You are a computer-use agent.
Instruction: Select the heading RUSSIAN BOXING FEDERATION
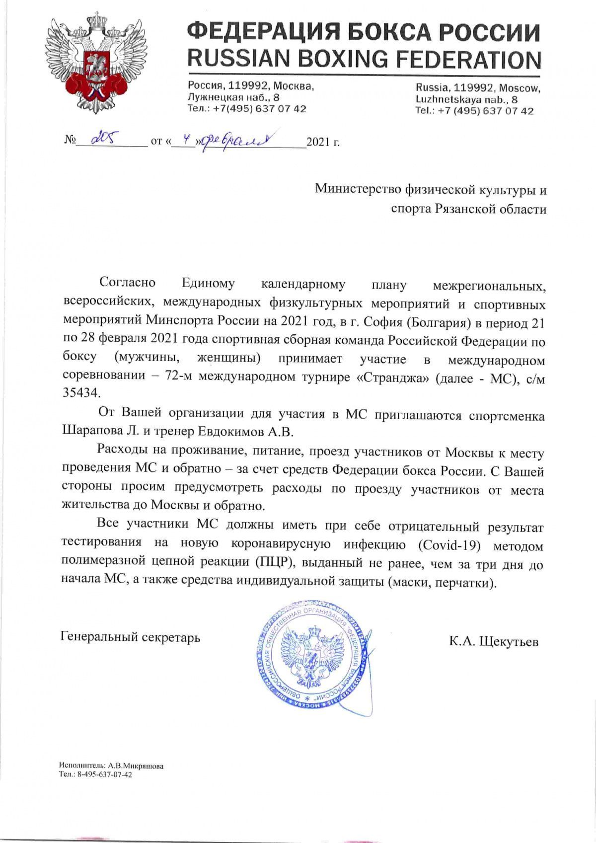tap(364, 59)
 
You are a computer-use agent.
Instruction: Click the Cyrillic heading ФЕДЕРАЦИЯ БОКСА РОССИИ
tap(364, 32)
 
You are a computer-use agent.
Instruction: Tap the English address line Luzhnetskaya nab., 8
tap(466, 99)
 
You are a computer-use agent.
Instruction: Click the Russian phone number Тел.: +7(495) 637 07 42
tap(247, 108)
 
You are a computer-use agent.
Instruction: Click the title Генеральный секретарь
tap(130, 637)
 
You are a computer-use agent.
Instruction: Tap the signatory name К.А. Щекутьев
tap(494, 641)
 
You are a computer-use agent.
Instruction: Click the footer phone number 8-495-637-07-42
tap(104, 774)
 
